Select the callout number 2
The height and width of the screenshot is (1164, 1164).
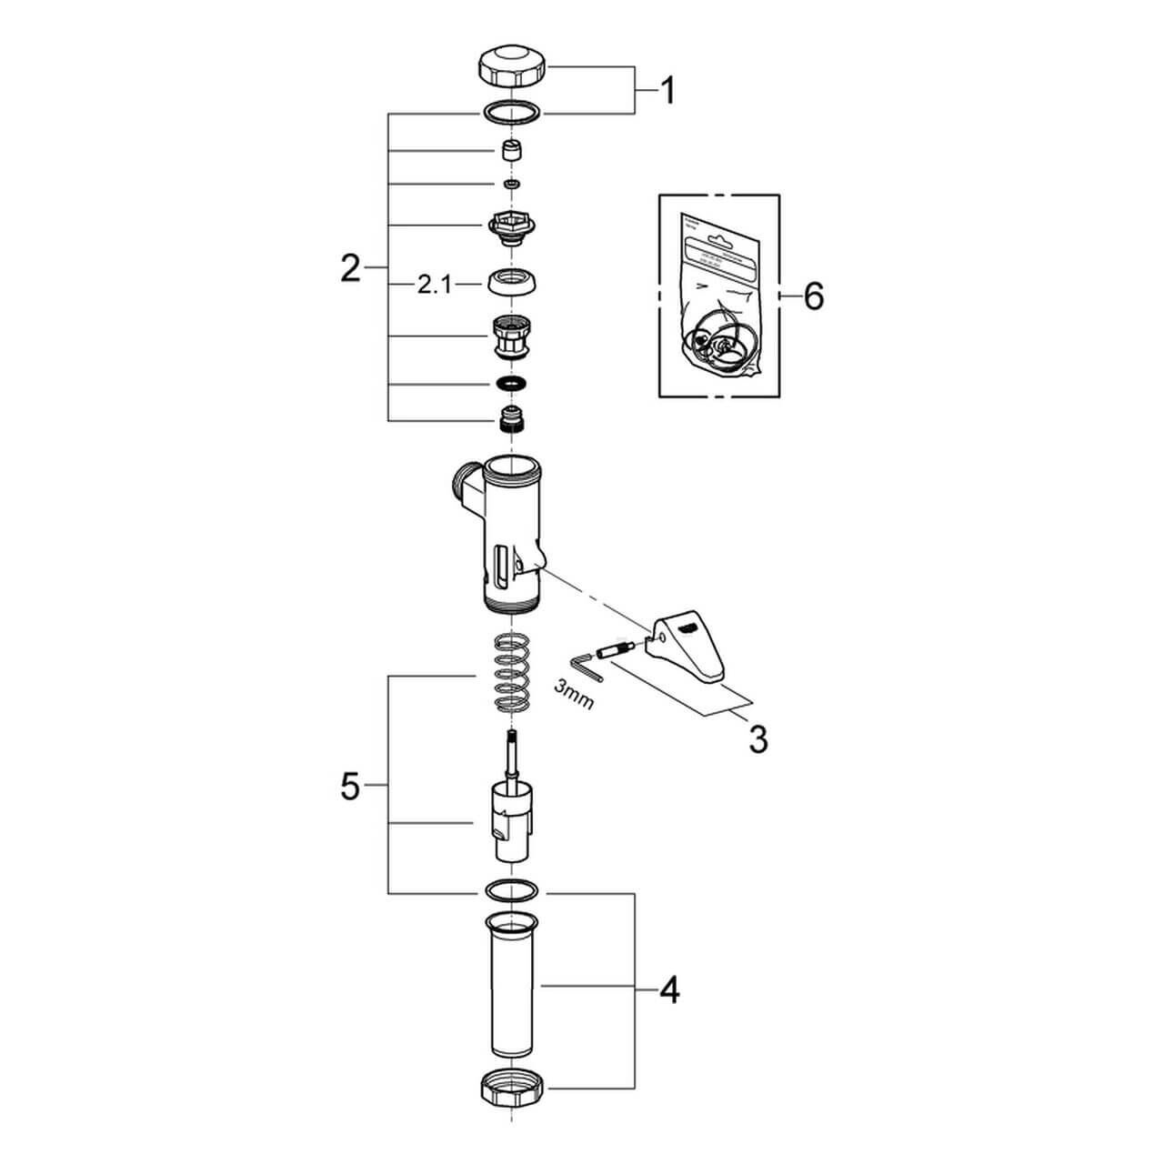pyautogui.click(x=350, y=269)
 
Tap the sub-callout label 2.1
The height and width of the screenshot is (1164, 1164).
pyautogui.click(x=435, y=286)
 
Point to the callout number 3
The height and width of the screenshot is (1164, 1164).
pyautogui.click(x=758, y=739)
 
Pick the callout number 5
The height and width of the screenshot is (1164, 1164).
pyautogui.click(x=350, y=787)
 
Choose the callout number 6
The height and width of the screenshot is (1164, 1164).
pyautogui.click(x=813, y=296)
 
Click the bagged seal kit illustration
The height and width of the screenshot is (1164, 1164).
pyautogui.click(x=718, y=300)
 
